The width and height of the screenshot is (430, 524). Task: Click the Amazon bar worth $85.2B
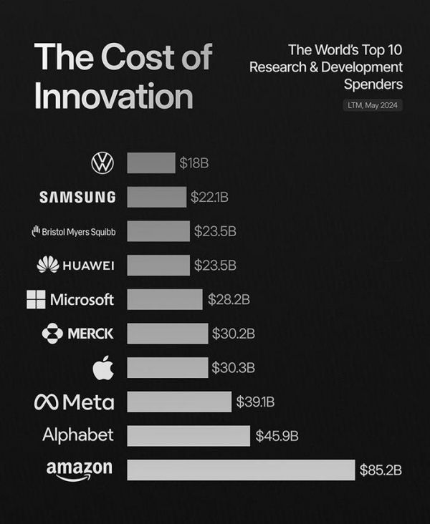pos(241,470)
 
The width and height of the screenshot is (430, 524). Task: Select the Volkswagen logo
pos(102,163)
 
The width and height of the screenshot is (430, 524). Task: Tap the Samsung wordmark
pos(77,197)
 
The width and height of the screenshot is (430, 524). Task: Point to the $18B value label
pos(193,163)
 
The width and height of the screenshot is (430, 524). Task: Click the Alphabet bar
pos(188,435)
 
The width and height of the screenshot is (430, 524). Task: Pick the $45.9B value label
pos(277,435)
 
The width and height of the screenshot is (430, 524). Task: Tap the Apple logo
pos(102,368)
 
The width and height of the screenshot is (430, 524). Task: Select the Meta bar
pos(179,402)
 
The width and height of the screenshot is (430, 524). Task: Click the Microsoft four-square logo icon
pos(36,299)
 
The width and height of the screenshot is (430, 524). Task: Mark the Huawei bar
pos(158,266)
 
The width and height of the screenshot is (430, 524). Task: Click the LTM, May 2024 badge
pos(373,106)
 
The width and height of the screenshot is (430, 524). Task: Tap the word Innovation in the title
pos(113,97)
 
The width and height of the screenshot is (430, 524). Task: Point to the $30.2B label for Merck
pos(233,334)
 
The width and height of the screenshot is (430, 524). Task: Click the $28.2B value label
pos(229,299)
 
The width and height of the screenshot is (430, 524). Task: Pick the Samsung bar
pos(156,197)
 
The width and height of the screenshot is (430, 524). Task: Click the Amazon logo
pos(79,470)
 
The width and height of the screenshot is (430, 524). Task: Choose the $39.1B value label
pos(255,402)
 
